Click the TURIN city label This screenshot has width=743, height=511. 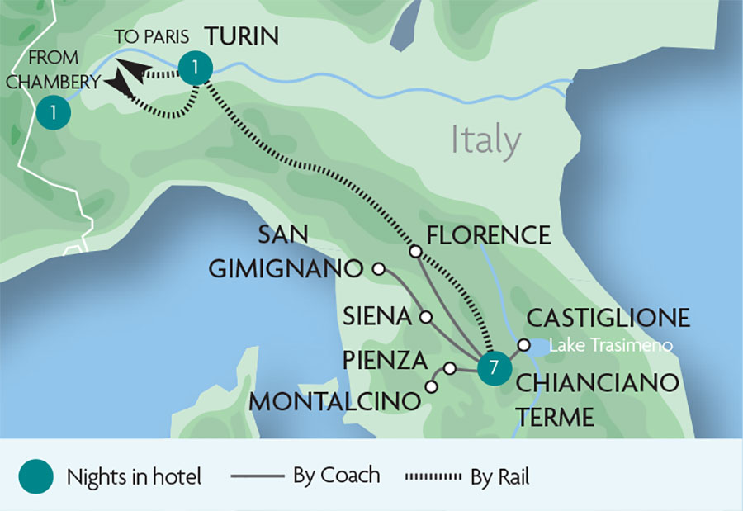tap(241, 37)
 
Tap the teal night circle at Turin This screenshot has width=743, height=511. tap(193, 69)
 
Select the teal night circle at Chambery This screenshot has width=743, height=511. tap(52, 113)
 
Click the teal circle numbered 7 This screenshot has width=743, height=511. tap(493, 369)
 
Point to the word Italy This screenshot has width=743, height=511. tap(486, 140)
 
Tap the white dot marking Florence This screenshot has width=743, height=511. tap(415, 251)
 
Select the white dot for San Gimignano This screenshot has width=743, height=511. tap(379, 268)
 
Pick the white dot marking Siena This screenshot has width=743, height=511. tap(426, 317)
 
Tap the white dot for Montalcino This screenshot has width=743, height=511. tap(431, 386)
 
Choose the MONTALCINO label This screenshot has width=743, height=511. tap(335, 402)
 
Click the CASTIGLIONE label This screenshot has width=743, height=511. tap(608, 318)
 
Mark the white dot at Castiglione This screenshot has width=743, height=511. tap(523, 345)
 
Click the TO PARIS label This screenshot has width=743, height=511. tap(151, 37)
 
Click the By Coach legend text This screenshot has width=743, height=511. tap(336, 476)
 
